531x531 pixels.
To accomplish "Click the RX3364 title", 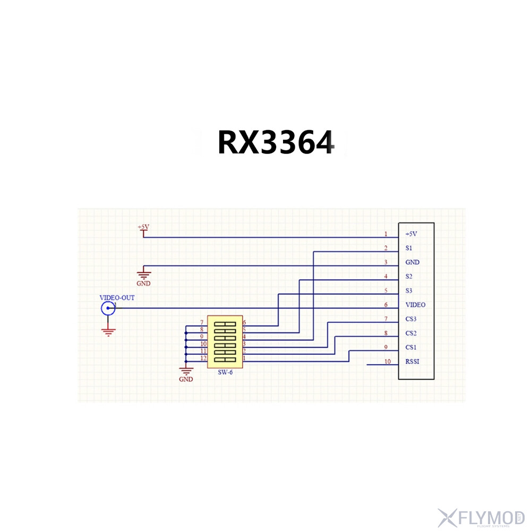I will coord(277,142).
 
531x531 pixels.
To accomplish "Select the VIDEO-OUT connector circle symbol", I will coord(108,308).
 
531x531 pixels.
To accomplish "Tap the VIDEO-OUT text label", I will coord(117,298).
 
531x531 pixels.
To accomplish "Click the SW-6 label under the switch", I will coord(225,372).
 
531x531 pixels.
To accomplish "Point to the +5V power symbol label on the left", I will coord(143,227).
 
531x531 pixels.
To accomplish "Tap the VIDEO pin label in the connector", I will coord(415,305).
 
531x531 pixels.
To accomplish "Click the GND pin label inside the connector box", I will coord(413,262).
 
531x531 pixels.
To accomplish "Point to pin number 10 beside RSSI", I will coord(387,362).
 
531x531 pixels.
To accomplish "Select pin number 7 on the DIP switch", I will coord(202,323).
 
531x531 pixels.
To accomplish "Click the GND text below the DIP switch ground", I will coord(186,380).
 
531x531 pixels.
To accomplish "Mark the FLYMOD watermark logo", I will coord(481,517).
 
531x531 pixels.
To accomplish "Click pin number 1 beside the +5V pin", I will coord(386,234).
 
